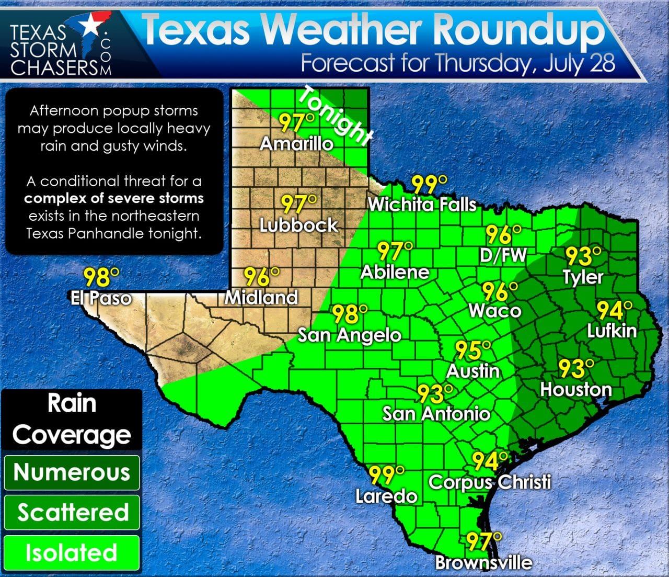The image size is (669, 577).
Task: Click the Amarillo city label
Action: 296,143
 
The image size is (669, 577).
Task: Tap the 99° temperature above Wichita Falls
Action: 430,185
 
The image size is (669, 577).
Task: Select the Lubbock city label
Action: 299,225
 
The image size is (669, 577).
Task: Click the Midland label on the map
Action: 261,298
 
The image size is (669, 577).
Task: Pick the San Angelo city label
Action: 349,335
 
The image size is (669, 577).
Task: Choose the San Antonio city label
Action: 436,414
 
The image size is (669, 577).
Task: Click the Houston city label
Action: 575,389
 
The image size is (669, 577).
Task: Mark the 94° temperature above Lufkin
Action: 615,311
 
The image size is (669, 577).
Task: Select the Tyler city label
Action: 583,277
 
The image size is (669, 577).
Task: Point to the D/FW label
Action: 503,255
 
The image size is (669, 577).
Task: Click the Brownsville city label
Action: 483,563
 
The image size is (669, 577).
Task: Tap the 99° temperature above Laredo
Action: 387,475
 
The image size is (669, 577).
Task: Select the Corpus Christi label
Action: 490,482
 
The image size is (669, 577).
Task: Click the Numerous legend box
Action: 72,472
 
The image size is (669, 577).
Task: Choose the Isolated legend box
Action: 72,553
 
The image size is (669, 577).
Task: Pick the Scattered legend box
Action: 72,513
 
